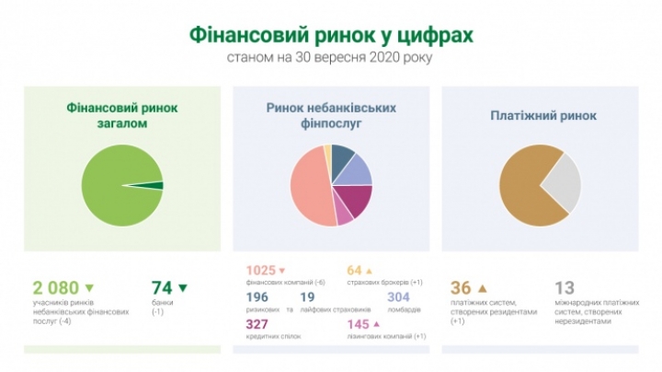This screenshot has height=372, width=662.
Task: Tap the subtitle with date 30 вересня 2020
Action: (x=330, y=58)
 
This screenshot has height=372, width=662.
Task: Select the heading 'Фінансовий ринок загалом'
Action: (x=122, y=115)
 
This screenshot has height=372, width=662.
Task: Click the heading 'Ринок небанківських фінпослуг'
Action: (x=331, y=115)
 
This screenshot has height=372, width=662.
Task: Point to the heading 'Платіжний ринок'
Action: (x=542, y=116)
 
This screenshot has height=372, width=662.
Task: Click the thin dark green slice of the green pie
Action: (x=157, y=186)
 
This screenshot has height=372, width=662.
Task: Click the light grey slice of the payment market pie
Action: (x=563, y=183)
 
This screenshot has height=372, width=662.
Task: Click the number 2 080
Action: (x=55, y=288)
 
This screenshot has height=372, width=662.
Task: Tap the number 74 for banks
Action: (x=162, y=288)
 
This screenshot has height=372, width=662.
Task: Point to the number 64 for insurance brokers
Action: (x=354, y=271)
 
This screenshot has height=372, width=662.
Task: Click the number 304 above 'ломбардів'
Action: (x=398, y=297)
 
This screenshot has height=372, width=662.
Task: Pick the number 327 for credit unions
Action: (x=259, y=324)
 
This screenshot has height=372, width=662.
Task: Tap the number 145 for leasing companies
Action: (x=358, y=324)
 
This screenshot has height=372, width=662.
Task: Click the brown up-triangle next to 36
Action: (x=482, y=288)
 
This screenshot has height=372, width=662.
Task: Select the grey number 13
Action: (x=566, y=288)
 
